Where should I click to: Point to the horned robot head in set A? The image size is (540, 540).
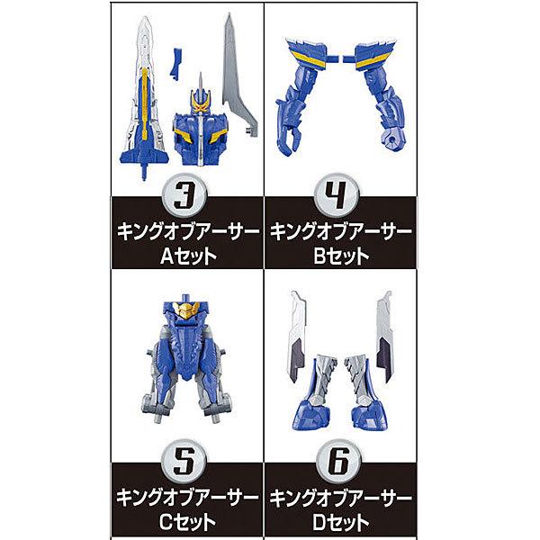pyautogui.click(x=200, y=126)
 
